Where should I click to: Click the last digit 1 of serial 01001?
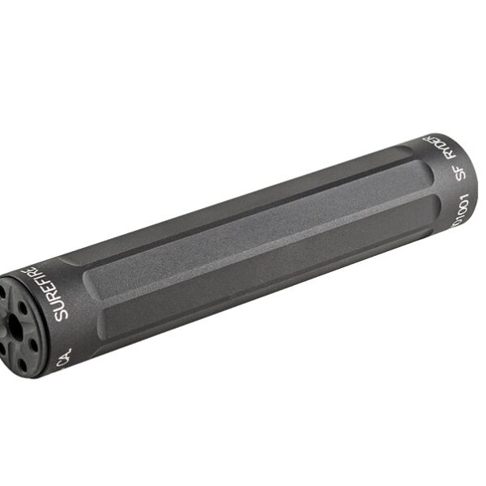(x=460, y=198)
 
